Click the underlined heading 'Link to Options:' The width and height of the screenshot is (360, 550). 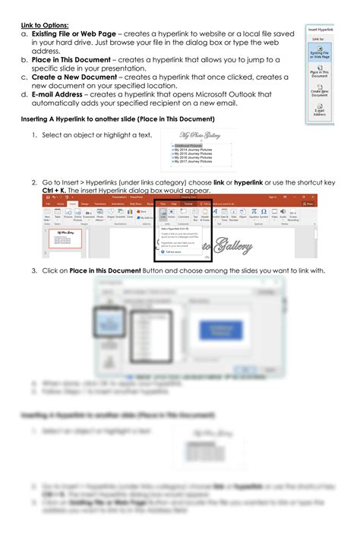click(x=44, y=25)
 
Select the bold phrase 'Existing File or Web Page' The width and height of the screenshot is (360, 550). click(x=73, y=33)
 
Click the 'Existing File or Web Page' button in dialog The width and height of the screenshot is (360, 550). click(x=320, y=52)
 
